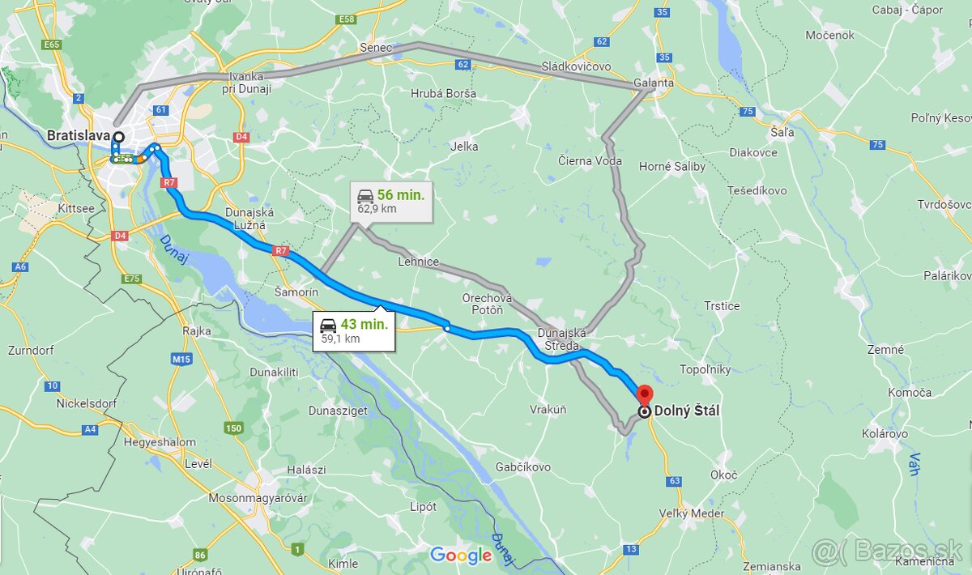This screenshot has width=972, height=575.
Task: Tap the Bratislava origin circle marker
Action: [x=118, y=138]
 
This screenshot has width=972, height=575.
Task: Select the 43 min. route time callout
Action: [x=354, y=330]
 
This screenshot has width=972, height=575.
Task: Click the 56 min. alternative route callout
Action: [x=390, y=201]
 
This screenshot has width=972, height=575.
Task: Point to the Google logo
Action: [x=460, y=555]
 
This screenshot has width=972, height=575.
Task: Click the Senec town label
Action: [x=376, y=48]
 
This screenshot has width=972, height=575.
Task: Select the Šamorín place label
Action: [x=296, y=291]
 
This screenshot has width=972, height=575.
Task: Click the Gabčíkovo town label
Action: [x=523, y=467]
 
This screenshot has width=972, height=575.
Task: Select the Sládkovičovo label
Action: [x=577, y=66]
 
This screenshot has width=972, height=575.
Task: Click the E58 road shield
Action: [x=347, y=19]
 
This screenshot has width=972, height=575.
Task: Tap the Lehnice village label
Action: [x=418, y=262]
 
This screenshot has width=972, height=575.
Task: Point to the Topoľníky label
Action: [x=705, y=369]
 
